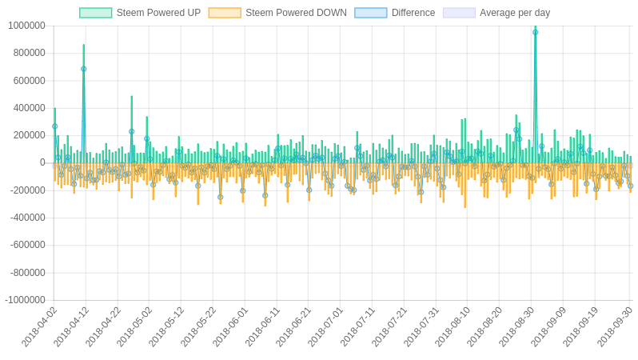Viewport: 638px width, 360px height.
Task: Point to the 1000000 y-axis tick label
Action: [x=26, y=26]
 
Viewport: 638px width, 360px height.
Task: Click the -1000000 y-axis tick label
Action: [x=25, y=300]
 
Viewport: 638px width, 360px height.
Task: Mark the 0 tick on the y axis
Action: [x=42, y=163]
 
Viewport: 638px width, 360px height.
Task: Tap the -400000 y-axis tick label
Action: [x=27, y=218]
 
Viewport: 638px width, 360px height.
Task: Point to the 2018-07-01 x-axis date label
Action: [x=326, y=326]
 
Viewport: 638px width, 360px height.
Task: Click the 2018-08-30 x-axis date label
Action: [x=517, y=326]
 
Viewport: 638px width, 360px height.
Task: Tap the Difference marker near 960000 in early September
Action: [x=535, y=32]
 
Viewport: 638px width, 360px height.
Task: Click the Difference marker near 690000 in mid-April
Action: [x=83, y=69]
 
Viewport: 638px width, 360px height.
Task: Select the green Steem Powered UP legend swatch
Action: [x=95, y=13]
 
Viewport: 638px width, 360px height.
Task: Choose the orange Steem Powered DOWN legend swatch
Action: [x=225, y=13]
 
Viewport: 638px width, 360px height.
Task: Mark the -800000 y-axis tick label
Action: [x=27, y=273]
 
